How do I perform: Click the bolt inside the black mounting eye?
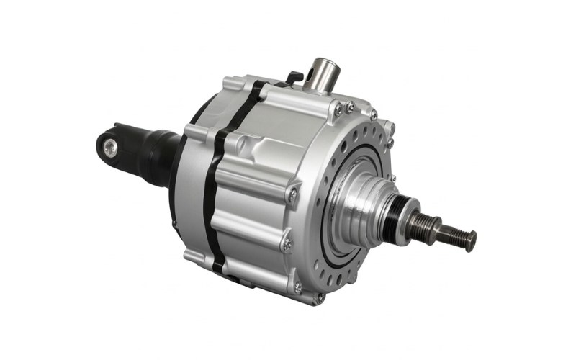tap(110, 148)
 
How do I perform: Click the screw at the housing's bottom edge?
tap(298, 287)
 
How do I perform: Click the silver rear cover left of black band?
tap(190, 187)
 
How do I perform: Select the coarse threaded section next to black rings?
tap(418, 221)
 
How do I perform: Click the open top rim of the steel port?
tap(320, 63)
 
